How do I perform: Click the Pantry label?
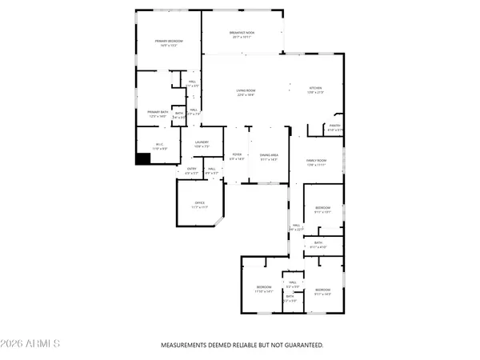click(x=334, y=127)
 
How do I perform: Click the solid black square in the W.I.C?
click(x=142, y=158)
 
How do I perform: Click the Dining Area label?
click(x=268, y=157)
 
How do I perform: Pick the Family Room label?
click(x=318, y=162)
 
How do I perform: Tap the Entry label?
click(x=192, y=170)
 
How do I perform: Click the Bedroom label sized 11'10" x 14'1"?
click(x=263, y=289)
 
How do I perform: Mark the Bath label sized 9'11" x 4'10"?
click(x=318, y=245)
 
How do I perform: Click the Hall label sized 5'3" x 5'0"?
click(x=293, y=284)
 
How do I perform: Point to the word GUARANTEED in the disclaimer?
click(x=300, y=346)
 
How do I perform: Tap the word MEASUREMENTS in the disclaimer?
click(x=185, y=346)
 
